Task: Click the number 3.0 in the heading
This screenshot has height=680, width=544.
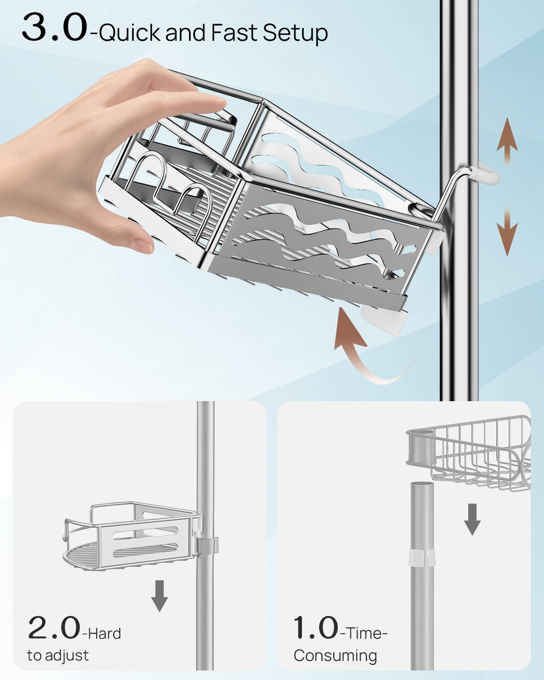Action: (x=54, y=28)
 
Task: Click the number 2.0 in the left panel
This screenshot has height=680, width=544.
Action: (x=54, y=628)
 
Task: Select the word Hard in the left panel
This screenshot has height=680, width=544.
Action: (x=104, y=633)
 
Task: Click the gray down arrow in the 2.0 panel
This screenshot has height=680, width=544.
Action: (x=159, y=595)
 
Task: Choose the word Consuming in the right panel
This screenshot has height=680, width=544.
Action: (x=335, y=656)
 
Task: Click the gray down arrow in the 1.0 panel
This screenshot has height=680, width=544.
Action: (x=472, y=519)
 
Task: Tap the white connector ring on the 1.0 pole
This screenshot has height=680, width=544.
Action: (x=422, y=558)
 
